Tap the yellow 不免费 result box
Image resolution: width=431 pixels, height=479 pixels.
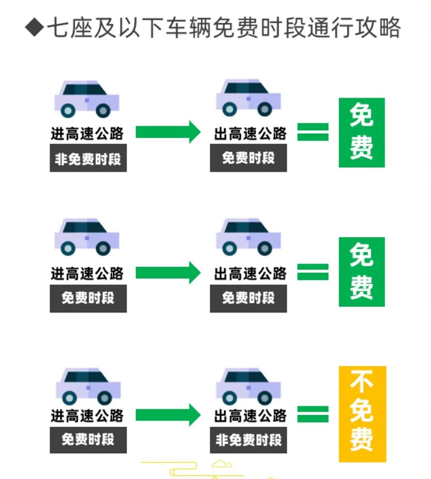coord(362,413)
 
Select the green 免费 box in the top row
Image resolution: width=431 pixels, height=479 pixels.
coord(361,132)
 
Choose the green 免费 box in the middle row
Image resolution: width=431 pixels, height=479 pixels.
coord(361,272)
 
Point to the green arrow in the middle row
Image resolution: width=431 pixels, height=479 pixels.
coord(168,272)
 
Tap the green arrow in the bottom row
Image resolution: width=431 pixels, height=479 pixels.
coord(168,414)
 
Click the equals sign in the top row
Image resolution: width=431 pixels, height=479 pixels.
coord(313,132)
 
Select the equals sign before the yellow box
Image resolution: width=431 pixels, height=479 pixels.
coord(313,414)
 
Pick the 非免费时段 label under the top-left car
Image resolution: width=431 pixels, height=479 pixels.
coord(88,158)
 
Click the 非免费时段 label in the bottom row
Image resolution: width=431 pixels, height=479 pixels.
coord(249,440)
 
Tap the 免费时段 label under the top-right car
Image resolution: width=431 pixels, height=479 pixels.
coord(249,158)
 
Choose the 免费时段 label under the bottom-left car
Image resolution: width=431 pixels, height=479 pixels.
coord(88,440)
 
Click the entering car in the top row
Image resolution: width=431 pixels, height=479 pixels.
coord(86,99)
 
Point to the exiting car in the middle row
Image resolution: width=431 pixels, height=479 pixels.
coord(248,237)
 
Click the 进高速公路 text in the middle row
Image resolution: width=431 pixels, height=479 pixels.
coord(87,273)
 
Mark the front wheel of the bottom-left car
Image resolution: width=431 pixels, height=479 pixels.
coord(104,397)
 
